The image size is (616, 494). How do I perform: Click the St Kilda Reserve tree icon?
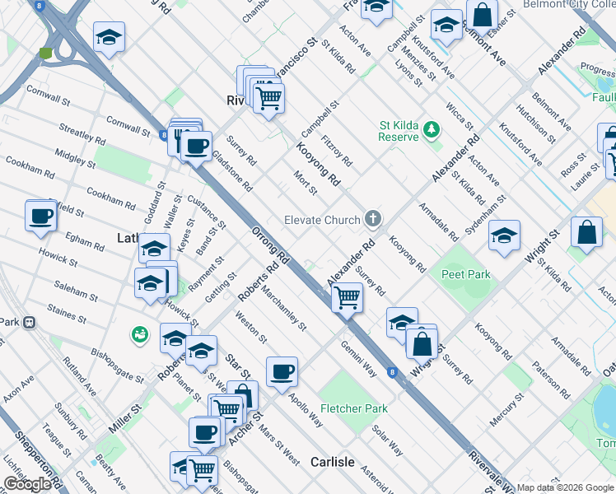pos(433,129)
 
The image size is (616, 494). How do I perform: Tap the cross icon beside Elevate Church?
pos(373,219)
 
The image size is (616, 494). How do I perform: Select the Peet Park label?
pos(465,274)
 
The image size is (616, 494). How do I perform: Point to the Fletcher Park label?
pos(354,408)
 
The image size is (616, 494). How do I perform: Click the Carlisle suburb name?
pos(333,462)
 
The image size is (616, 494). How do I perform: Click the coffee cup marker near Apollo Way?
pos(282,371)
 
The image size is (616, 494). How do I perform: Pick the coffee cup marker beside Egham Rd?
pos(41,217)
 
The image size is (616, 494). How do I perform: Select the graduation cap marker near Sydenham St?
pos(504,236)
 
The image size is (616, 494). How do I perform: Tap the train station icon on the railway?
pos(30,322)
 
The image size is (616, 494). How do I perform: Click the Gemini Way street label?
pos(359,359)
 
